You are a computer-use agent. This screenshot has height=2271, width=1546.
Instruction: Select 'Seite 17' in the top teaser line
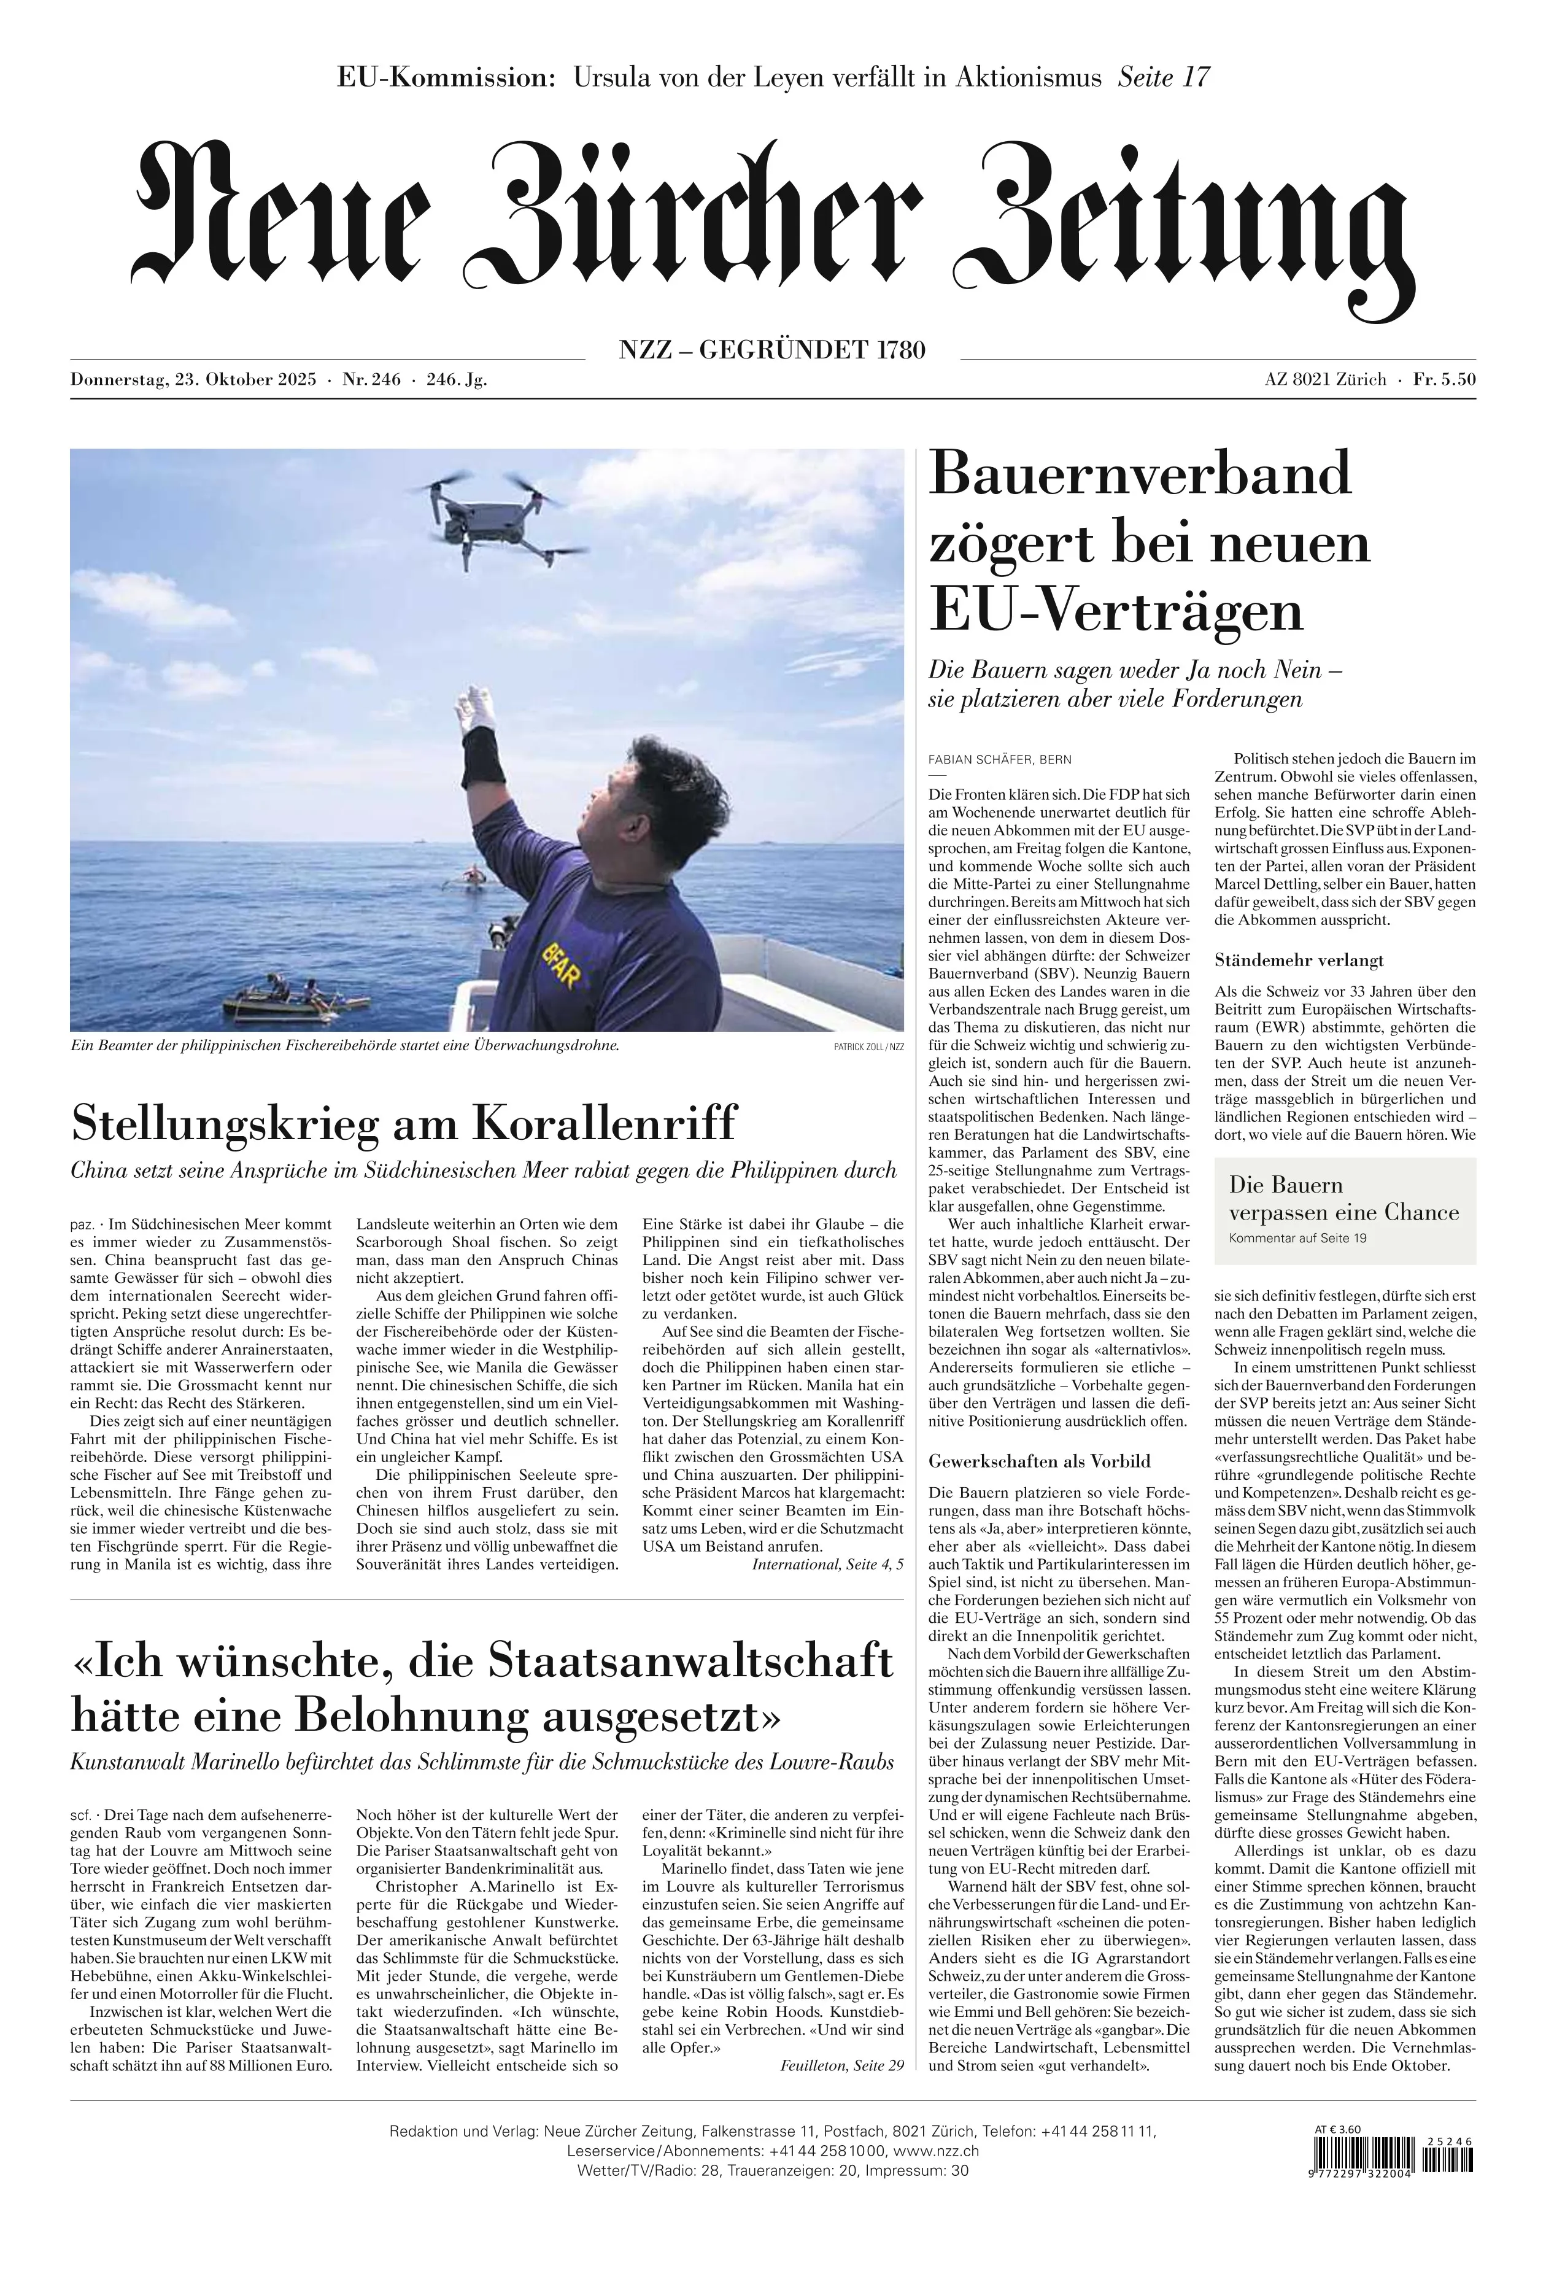click(1163, 77)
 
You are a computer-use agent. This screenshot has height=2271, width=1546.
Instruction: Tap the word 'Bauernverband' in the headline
click(1140, 473)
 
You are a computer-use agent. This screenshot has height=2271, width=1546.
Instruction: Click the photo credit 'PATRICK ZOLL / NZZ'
click(869, 1047)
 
